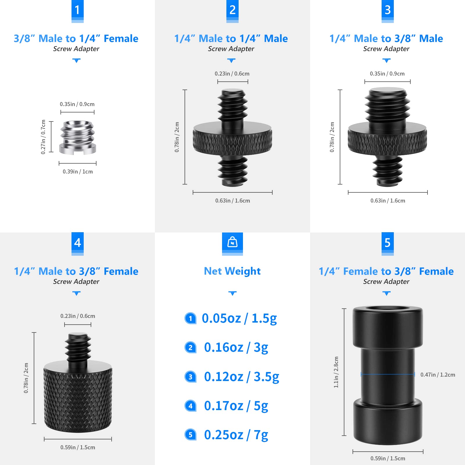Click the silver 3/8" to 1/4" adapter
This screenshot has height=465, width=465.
click(78, 137)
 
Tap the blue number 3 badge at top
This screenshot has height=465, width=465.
click(387, 10)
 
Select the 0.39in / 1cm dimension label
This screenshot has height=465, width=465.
click(78, 171)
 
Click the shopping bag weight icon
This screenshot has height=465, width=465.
click(232, 242)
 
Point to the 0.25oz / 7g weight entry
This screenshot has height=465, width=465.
click(236, 435)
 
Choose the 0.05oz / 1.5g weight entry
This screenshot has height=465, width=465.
click(239, 319)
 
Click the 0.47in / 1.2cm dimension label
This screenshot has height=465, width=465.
click(438, 375)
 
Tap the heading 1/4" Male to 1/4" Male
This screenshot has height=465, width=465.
click(231, 38)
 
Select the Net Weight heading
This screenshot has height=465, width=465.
click(232, 271)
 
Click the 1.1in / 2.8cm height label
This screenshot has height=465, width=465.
click(336, 372)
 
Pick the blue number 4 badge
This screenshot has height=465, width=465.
click(77, 243)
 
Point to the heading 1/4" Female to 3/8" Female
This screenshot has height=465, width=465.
click(386, 271)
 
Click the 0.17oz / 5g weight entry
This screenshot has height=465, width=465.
click(236, 406)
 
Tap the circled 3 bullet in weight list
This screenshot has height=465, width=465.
click(190, 377)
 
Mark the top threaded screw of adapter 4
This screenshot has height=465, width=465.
click(78, 347)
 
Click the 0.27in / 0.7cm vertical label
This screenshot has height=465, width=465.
click(43, 137)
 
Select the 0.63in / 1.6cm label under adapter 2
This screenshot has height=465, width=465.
click(233, 201)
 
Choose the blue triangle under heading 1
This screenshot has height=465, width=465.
click(76, 60)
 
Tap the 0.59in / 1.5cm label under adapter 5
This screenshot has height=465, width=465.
click(388, 458)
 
